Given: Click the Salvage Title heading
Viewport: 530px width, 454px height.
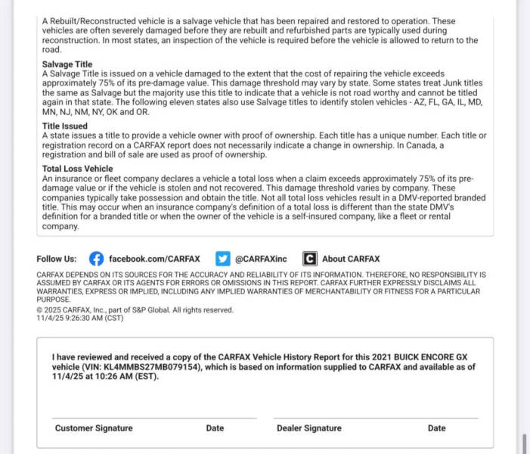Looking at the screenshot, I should pos(67,65).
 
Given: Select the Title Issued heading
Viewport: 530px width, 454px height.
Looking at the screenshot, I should pos(65,126).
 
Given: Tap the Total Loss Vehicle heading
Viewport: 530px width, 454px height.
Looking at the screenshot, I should pos(78,169).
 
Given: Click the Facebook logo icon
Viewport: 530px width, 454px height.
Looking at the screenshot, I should pos(96,259).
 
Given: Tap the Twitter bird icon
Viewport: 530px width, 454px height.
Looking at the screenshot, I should pos(222,259).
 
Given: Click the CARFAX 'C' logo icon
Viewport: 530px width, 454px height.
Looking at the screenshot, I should pos(310,259).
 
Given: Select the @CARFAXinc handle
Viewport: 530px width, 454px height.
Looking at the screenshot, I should pos(262,259).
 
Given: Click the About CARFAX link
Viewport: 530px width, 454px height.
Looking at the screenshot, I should pos(351,259).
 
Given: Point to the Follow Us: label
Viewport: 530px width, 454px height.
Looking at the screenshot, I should pos(57,259).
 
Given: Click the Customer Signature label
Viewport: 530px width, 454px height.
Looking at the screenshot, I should pos(94,428).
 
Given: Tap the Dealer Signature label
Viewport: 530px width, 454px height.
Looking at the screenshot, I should pos(308,428).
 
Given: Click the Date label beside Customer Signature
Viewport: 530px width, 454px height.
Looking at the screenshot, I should pos(215,428).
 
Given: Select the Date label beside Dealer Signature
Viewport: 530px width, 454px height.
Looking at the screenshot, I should pos(436,428).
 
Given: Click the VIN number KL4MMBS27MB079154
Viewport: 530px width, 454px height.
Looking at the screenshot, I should pos(146,366).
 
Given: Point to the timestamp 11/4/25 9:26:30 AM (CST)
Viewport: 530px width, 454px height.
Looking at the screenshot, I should pos(79,318).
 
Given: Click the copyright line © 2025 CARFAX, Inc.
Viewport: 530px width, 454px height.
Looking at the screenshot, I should pos(135,310).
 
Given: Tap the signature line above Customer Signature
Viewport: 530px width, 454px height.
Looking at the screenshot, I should pos(154,418).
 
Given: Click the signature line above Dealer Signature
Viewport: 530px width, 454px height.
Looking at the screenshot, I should pos(376,418).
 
